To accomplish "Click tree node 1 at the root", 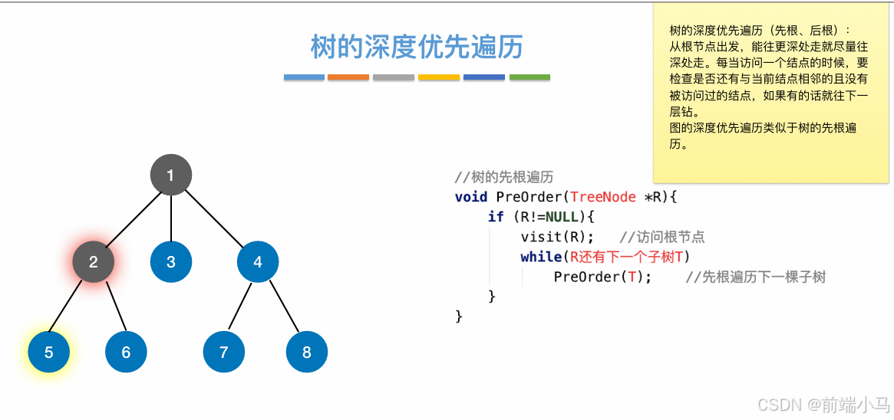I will (x=170, y=175).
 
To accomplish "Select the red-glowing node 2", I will (x=94, y=262).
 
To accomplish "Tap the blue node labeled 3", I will (x=170, y=262).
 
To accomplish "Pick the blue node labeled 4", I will (x=258, y=262).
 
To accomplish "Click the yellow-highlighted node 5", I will (x=49, y=353).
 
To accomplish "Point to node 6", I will (x=126, y=353).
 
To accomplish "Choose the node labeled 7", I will (x=224, y=353).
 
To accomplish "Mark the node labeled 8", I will (x=307, y=353).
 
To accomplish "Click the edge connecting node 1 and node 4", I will (x=214, y=218).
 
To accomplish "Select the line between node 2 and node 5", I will (x=71, y=307).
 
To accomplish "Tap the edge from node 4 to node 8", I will (x=282, y=307).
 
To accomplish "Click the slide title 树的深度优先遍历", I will (x=417, y=47).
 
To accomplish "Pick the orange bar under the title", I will (x=348, y=77).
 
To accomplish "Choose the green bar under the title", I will (x=529, y=77).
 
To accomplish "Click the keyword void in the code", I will (x=471, y=197).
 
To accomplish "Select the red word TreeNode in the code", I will (x=603, y=197).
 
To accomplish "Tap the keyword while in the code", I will (x=541, y=257).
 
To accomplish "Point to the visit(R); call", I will (x=557, y=237).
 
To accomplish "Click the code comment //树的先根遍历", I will (x=504, y=177).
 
